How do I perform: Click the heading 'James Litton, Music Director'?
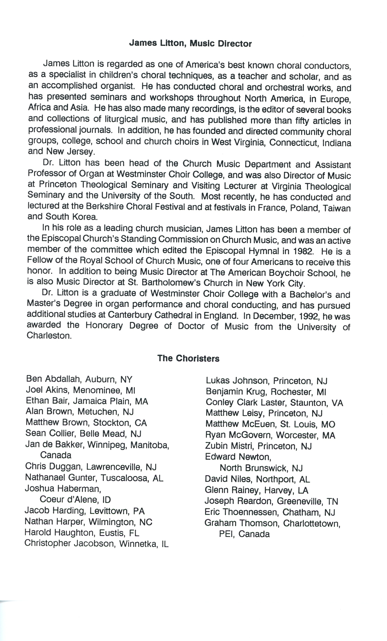[190, 43]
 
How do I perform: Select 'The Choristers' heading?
[188, 358]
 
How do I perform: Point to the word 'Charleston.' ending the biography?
[49, 336]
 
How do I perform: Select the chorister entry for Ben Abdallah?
[79, 379]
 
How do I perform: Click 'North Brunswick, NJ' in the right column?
[261, 468]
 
